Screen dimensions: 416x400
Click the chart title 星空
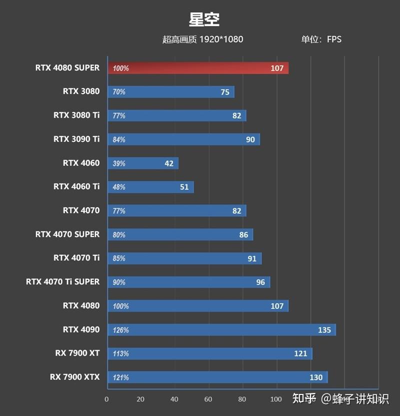pos(204,20)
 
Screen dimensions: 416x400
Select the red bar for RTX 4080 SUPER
pos(197,68)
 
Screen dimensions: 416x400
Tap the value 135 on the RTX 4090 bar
pos(324,330)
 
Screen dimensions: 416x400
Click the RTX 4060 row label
pos(81,163)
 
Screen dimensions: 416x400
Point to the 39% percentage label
pos(119,164)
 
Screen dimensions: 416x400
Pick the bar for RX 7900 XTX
pos(217,377)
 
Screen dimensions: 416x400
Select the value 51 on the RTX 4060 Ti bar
pos(184,187)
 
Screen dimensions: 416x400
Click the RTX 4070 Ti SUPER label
pos(62,281)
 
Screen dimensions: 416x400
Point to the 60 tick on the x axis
pos(208,399)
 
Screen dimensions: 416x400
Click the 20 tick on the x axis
pos(140,399)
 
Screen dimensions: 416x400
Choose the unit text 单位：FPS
pos(321,39)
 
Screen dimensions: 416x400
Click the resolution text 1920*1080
pos(221,39)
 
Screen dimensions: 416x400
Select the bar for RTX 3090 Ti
pos(183,140)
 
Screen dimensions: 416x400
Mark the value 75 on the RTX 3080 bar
pos(224,92)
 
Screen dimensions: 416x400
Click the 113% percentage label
pos(120,353)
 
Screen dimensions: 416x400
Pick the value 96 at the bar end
pos(260,282)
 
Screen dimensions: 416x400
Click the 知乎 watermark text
pos(304,398)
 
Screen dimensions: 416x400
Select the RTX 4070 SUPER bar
pos(180,234)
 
